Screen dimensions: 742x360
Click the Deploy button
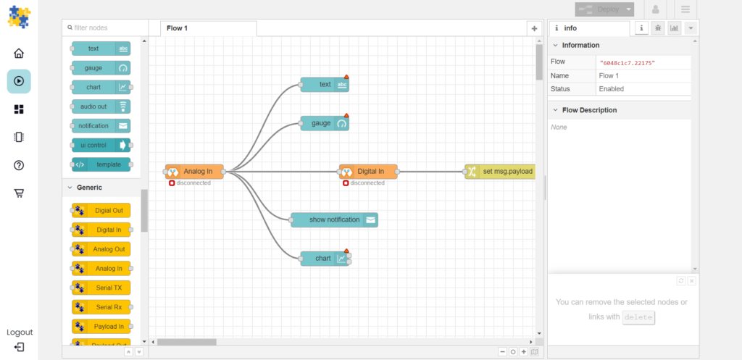click(604, 9)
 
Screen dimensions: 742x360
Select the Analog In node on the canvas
click(194, 172)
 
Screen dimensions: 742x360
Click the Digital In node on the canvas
click(368, 172)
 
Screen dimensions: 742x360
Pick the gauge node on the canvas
click(325, 123)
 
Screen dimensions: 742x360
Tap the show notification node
click(334, 220)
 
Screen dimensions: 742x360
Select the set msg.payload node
click(500, 172)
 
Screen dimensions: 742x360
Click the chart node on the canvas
click(325, 259)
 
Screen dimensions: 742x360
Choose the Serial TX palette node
click(101, 288)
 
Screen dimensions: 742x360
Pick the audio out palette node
click(101, 106)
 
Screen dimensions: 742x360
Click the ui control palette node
click(101, 145)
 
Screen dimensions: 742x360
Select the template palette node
click(101, 164)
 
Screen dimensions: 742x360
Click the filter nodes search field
click(105, 28)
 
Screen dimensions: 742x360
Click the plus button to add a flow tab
click(534, 28)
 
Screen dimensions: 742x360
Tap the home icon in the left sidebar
click(19, 53)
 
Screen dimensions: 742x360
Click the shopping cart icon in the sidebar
click(19, 193)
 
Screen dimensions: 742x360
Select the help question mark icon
click(19, 165)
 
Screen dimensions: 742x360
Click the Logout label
click(20, 332)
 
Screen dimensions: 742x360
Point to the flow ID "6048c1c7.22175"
click(628, 63)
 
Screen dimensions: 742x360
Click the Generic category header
click(89, 188)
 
